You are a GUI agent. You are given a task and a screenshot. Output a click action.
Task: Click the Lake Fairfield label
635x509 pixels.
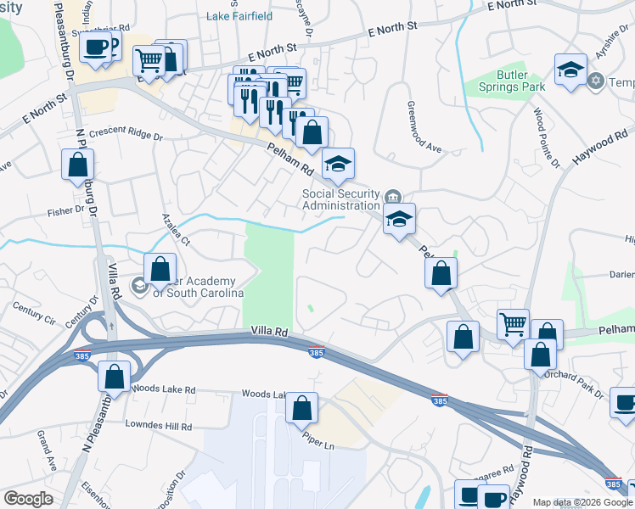tap(240, 15)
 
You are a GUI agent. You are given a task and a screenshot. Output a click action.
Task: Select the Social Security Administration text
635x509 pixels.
tap(341, 199)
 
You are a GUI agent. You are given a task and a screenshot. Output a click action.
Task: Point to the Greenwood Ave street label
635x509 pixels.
tap(424, 128)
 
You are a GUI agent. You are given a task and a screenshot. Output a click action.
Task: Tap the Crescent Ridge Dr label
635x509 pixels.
tap(125, 132)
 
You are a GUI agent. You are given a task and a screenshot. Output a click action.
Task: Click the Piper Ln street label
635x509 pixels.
tap(319, 435)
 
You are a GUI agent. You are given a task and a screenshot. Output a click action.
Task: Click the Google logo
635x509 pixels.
tap(28, 499)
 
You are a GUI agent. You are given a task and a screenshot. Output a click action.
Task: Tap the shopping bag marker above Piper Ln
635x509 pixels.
tap(302, 407)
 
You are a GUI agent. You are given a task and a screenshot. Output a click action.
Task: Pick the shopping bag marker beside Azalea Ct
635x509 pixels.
tap(160, 269)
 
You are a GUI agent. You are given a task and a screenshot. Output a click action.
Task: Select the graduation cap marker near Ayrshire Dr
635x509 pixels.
tap(571, 70)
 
